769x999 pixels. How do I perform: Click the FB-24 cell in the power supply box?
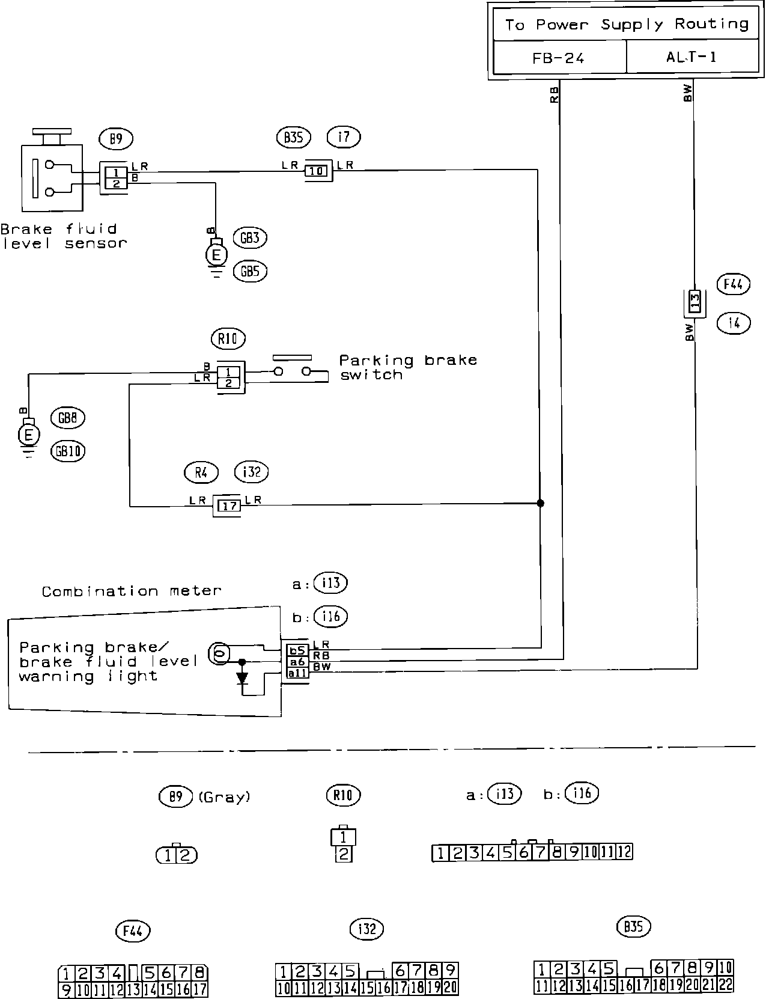[x=558, y=58]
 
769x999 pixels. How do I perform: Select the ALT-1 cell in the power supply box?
[x=691, y=58]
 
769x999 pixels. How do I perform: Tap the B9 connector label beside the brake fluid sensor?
[x=116, y=139]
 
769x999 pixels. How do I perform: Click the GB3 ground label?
[x=249, y=238]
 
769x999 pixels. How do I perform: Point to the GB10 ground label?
[x=68, y=451]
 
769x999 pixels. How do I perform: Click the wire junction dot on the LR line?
[x=540, y=503]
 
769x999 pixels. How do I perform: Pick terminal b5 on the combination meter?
[x=297, y=650]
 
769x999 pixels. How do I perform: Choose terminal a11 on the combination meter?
[x=297, y=673]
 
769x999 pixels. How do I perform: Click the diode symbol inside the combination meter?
[x=242, y=678]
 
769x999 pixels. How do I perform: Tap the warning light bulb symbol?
[x=218, y=653]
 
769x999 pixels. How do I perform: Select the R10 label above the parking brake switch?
[x=228, y=340]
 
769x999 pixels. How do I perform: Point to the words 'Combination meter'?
[x=132, y=591]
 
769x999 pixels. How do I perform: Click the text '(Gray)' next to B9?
[x=224, y=798]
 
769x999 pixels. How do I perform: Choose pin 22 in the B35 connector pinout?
[x=726, y=985]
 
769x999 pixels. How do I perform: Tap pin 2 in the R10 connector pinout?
[x=342, y=854]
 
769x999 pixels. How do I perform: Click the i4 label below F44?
[x=734, y=324]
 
